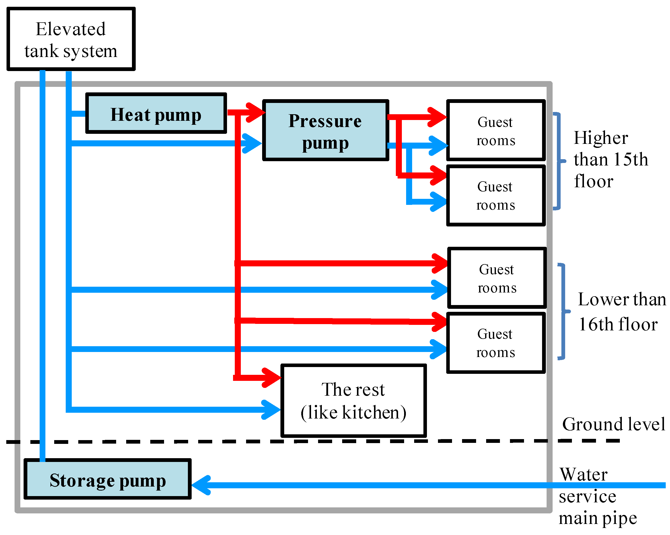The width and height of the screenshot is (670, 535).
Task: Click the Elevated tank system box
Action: pyautogui.click(x=71, y=39)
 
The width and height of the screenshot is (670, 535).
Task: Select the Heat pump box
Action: pyautogui.click(x=156, y=113)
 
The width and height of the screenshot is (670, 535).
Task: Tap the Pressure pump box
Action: pyautogui.click(x=325, y=130)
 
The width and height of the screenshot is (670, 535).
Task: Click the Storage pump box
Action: pyautogui.click(x=108, y=479)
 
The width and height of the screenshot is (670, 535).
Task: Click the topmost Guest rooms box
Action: pyautogui.click(x=496, y=130)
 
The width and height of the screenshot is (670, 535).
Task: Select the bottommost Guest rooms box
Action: pyautogui.click(x=496, y=343)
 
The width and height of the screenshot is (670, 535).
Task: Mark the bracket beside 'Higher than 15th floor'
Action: pyautogui.click(x=559, y=161)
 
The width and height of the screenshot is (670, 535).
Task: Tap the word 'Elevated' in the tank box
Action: pyautogui.click(x=71, y=29)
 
